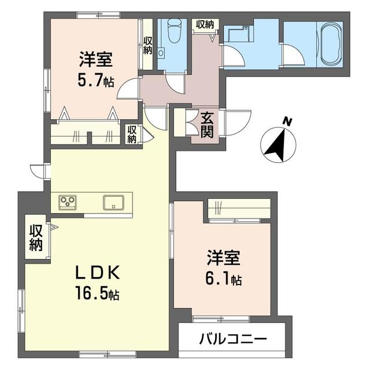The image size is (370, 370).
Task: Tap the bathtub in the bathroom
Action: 330,45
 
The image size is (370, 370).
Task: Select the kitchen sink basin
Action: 114,202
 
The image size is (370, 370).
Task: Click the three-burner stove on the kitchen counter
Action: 68,202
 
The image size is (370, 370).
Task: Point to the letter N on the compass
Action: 288,122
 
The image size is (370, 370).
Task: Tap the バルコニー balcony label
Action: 233,339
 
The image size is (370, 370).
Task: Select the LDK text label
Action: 97,273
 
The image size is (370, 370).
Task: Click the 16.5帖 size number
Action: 97,293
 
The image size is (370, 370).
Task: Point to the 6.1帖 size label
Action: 224,279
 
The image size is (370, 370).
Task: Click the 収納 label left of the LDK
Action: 36,238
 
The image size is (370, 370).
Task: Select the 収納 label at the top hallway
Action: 205,24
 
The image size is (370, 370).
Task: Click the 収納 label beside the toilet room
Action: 148,46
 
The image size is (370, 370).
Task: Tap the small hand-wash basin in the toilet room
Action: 161,53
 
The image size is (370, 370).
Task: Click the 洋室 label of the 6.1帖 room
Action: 224,258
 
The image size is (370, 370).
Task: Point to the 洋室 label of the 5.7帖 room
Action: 96,60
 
